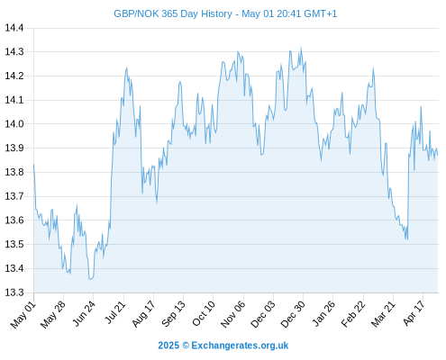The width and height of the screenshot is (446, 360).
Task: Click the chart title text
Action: point(225,13)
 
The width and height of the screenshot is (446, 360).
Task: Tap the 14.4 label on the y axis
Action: point(14,28)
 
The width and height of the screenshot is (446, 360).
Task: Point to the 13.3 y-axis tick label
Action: point(14,292)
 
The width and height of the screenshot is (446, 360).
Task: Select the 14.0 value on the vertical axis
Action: point(14,124)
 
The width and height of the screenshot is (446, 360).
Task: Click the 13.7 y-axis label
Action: point(14,196)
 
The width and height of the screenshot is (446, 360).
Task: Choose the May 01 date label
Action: point(23,315)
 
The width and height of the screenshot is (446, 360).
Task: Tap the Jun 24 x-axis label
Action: point(85,313)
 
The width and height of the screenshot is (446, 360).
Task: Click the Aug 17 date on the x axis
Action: point(144,314)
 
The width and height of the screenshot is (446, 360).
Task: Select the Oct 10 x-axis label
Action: point(204,313)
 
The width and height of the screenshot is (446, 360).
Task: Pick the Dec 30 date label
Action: point(293,314)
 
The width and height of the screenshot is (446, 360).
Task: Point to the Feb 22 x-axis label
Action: point(353,314)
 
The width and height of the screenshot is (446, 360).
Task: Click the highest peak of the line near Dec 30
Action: point(301,48)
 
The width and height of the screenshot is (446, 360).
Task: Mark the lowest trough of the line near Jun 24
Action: point(90,279)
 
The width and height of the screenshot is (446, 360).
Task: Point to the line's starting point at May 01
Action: point(33,165)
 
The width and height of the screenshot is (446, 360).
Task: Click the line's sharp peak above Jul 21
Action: point(127,68)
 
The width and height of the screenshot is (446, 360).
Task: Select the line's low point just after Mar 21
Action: point(407,239)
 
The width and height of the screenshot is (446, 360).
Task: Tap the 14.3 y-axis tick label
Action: point(14,52)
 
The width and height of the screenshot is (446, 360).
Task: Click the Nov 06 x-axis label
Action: point(233,314)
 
